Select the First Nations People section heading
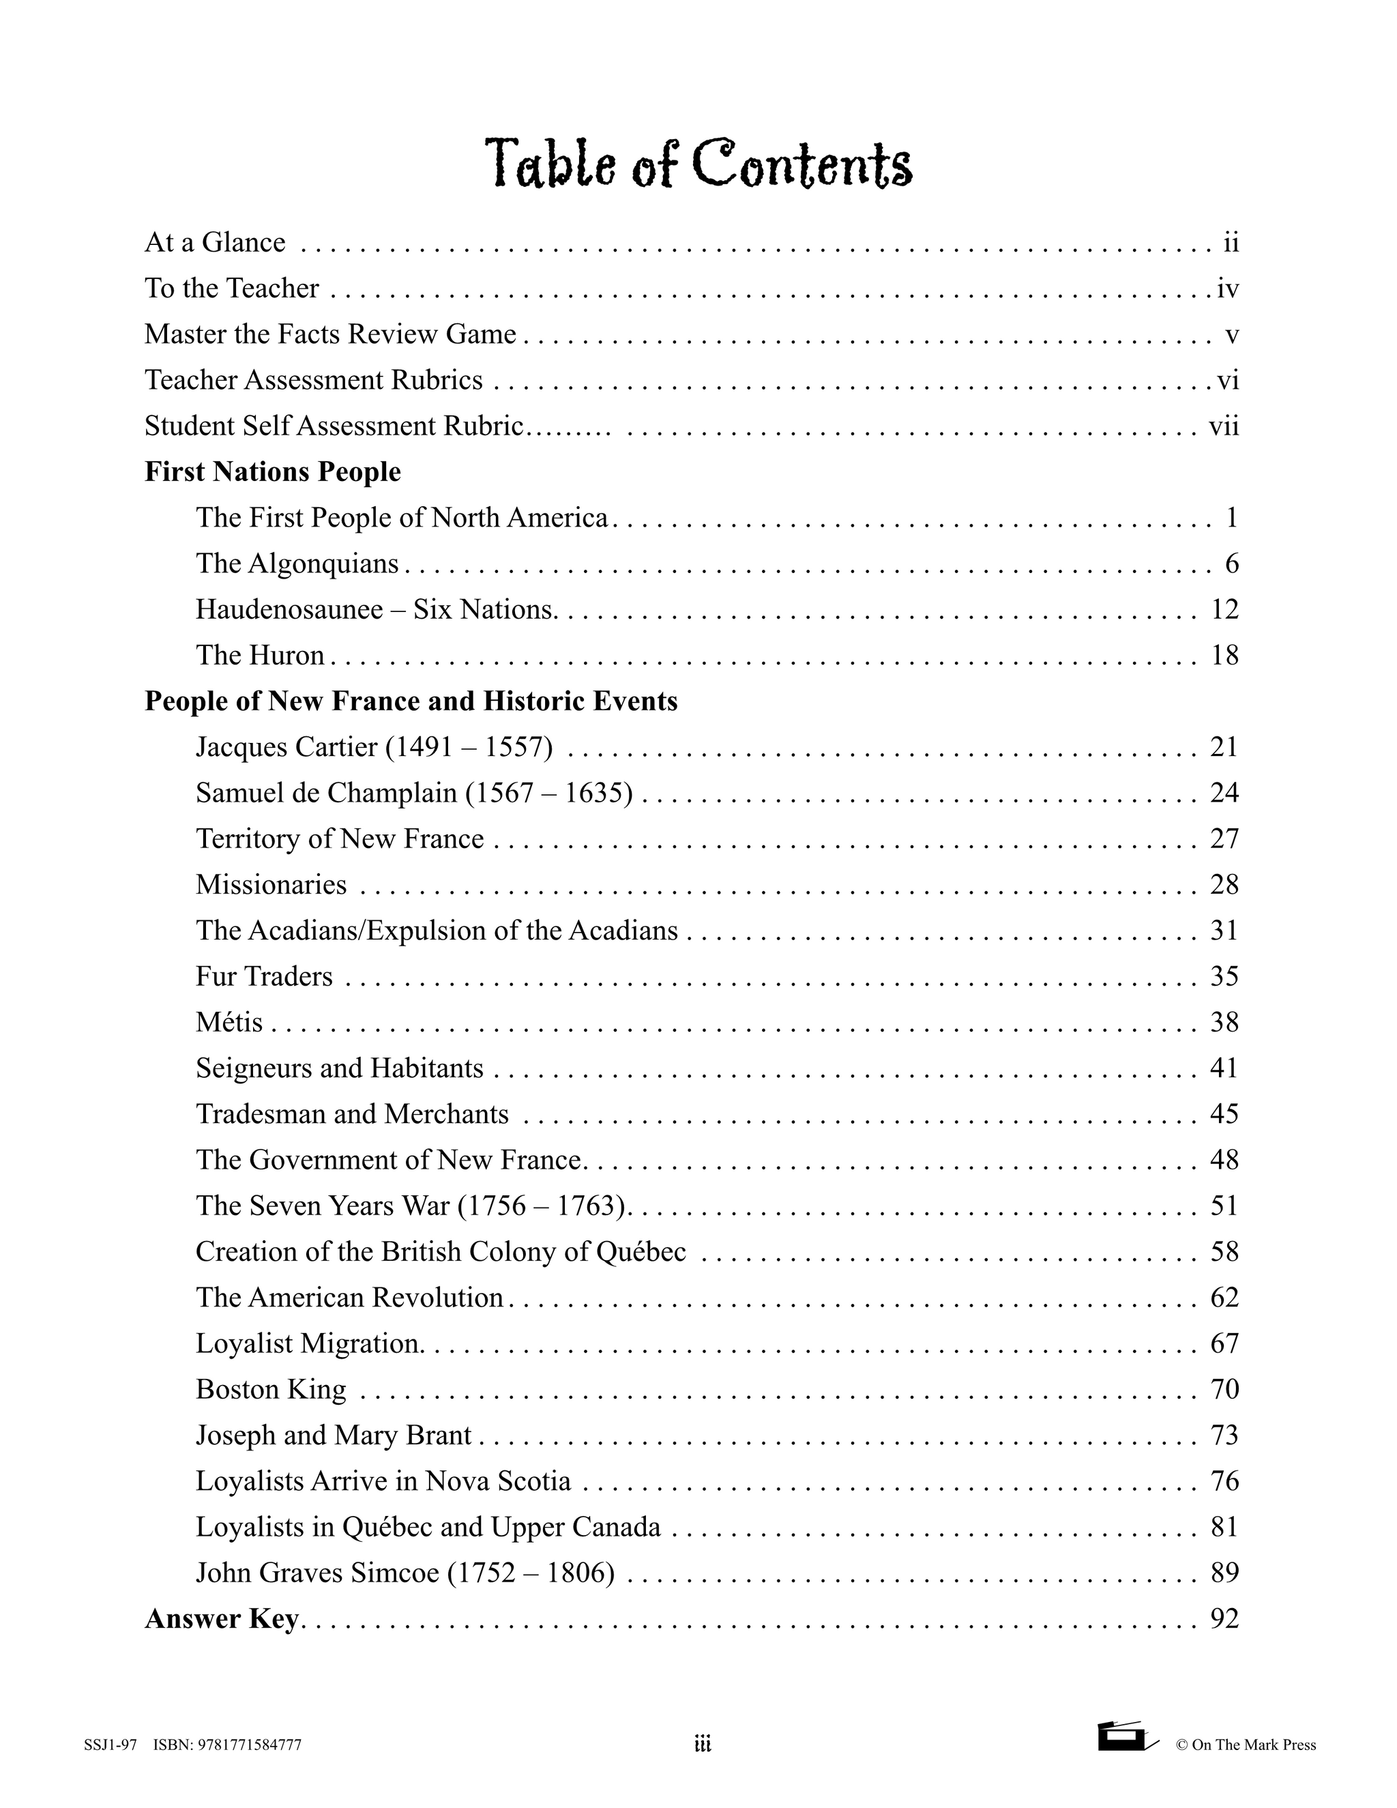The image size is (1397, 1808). click(x=272, y=472)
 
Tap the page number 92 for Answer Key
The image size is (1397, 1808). click(x=1224, y=1618)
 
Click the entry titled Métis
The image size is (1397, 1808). click(x=229, y=1023)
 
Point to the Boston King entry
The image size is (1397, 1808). click(x=271, y=1389)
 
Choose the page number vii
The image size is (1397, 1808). click(x=1223, y=426)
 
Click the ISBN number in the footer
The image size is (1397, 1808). click(x=226, y=1746)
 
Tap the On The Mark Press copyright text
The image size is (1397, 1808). click(x=1246, y=1746)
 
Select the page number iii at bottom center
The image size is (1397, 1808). click(x=702, y=1745)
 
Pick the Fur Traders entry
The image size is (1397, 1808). click(x=264, y=977)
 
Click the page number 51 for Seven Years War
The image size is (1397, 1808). click(x=1224, y=1206)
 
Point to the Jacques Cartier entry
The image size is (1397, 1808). click(x=373, y=748)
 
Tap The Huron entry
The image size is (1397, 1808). click(x=260, y=656)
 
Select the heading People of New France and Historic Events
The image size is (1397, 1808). click(x=411, y=701)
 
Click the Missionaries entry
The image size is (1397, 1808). click(x=271, y=885)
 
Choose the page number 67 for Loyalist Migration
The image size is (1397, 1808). click(x=1224, y=1343)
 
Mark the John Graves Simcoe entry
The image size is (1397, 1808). click(x=405, y=1573)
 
